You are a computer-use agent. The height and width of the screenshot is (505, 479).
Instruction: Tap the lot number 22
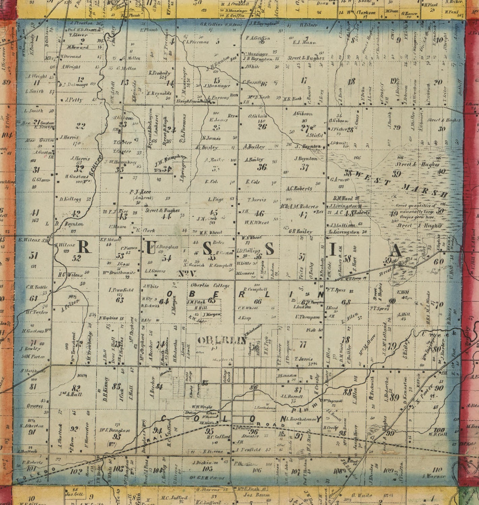tap(80, 126)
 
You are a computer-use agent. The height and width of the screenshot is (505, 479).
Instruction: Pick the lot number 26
tap(262, 127)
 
